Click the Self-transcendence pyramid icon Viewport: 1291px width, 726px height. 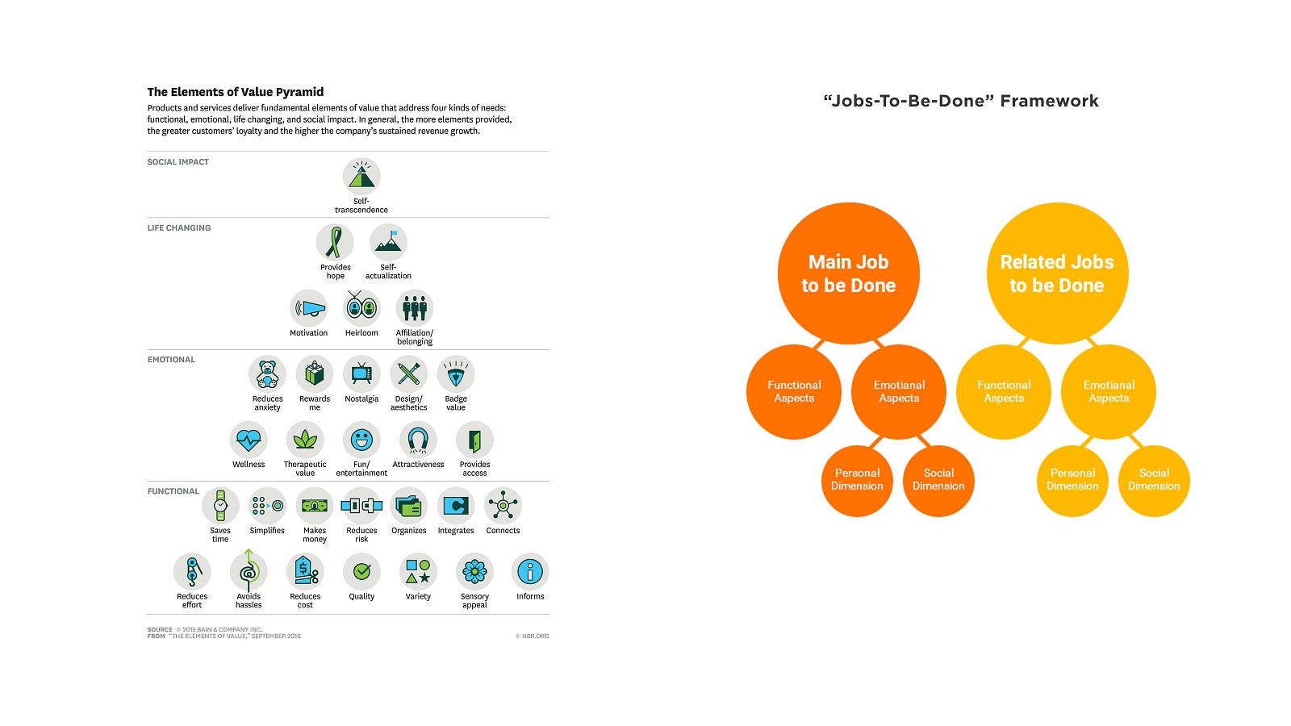pos(361,176)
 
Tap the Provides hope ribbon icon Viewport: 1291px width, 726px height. pos(335,242)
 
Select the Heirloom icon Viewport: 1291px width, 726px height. pos(361,308)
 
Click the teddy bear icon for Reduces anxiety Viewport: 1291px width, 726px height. pos(267,374)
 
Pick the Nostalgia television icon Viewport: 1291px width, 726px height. pos(361,374)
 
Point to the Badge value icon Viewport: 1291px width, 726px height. pos(456,374)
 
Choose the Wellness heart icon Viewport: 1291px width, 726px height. pos(249,440)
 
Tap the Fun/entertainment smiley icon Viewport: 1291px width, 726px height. pos(361,440)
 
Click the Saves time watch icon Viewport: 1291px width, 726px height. pos(220,506)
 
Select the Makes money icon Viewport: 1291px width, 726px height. pos(315,506)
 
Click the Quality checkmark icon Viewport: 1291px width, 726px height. pos(361,571)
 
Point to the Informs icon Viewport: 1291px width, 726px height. pos(530,571)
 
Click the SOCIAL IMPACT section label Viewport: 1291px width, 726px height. pos(178,162)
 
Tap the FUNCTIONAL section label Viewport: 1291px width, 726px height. pos(173,491)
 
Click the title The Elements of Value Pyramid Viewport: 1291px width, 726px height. pos(236,92)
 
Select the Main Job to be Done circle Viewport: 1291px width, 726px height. pos(848,273)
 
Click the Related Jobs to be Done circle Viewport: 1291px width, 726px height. pos(1057,273)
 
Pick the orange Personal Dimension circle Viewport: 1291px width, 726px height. pos(857,480)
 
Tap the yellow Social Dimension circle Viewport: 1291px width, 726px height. pos(1154,480)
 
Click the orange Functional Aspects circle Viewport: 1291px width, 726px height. pos(794,392)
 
